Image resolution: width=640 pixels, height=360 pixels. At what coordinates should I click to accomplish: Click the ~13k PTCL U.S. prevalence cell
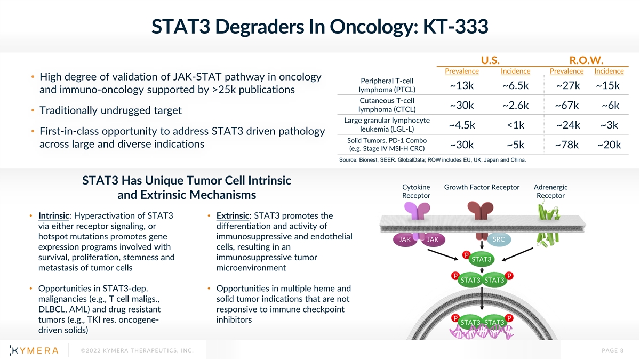(x=462, y=85)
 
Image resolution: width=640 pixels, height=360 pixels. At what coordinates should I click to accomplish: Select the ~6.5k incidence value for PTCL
(x=515, y=85)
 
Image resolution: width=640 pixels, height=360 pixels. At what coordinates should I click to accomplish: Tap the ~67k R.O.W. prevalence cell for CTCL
(x=567, y=105)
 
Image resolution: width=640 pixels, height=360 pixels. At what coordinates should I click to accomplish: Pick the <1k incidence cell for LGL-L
(x=515, y=125)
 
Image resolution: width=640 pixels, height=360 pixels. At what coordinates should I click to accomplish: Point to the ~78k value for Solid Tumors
(x=567, y=145)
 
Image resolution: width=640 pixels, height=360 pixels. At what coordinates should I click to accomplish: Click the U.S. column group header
(x=490, y=60)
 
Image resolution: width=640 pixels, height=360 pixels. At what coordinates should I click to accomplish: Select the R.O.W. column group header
(x=586, y=60)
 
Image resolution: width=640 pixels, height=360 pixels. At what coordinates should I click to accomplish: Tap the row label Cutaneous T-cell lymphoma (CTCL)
(x=387, y=105)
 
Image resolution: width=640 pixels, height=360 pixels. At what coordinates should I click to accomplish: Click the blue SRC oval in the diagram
(x=499, y=239)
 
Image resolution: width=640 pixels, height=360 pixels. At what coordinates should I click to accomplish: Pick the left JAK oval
(x=405, y=239)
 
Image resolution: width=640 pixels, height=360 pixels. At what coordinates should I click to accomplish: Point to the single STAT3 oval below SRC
(x=482, y=259)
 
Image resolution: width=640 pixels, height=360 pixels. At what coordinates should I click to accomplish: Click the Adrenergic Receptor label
(x=550, y=191)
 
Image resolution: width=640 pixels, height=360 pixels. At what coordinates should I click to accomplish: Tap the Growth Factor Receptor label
(x=482, y=187)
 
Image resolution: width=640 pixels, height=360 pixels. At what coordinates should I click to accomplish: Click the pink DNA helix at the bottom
(x=482, y=333)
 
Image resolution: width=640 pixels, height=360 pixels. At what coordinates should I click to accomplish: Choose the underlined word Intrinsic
(x=54, y=215)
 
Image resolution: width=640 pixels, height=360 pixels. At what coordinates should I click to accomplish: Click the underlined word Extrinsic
(x=233, y=215)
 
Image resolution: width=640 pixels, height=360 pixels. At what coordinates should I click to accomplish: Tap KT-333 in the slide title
(x=455, y=26)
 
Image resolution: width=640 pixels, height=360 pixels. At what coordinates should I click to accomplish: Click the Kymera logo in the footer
(x=34, y=350)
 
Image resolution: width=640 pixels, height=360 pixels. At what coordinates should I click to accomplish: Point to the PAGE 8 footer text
(x=613, y=350)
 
